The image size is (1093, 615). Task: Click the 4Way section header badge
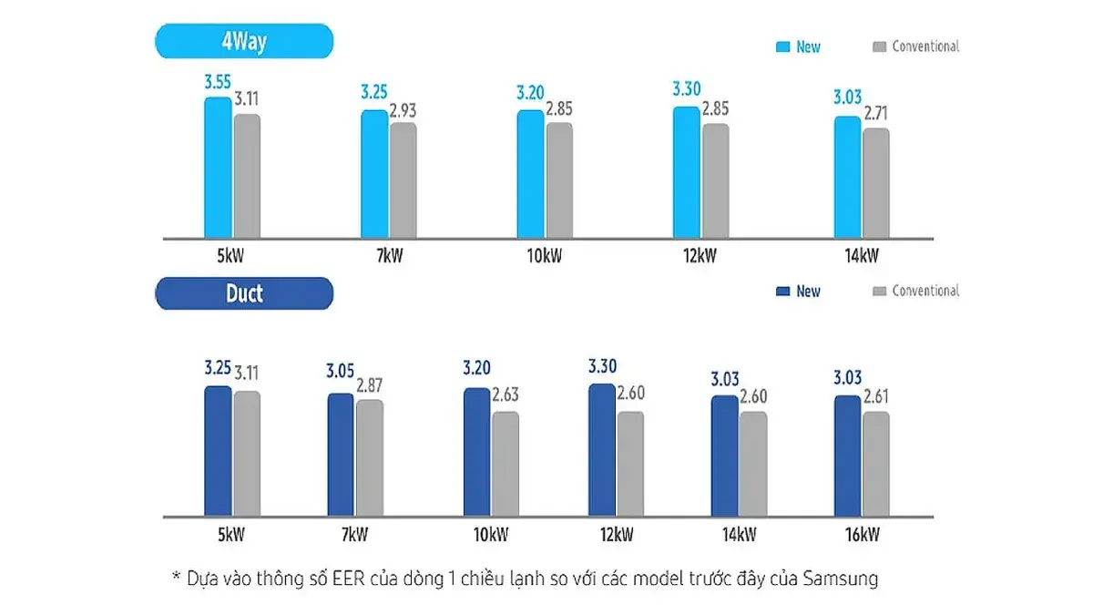coord(244,43)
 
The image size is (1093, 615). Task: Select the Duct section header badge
coord(244,293)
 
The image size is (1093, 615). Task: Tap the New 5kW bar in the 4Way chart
coord(218,168)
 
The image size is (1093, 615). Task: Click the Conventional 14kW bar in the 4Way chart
coord(876,183)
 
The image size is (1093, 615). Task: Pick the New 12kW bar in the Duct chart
coord(601,450)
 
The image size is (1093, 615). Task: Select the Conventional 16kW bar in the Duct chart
coord(876,464)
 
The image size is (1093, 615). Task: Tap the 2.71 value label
coord(876,115)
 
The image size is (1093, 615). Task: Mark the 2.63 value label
coord(506,395)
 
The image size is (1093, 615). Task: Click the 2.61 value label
coord(876,395)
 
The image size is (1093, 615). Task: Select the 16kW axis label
coord(862,533)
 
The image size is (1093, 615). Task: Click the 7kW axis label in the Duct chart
coord(356,533)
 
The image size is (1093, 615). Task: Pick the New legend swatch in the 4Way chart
coord(782,46)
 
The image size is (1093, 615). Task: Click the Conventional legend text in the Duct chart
coord(925,291)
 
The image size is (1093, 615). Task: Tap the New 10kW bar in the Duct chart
coord(477,452)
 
